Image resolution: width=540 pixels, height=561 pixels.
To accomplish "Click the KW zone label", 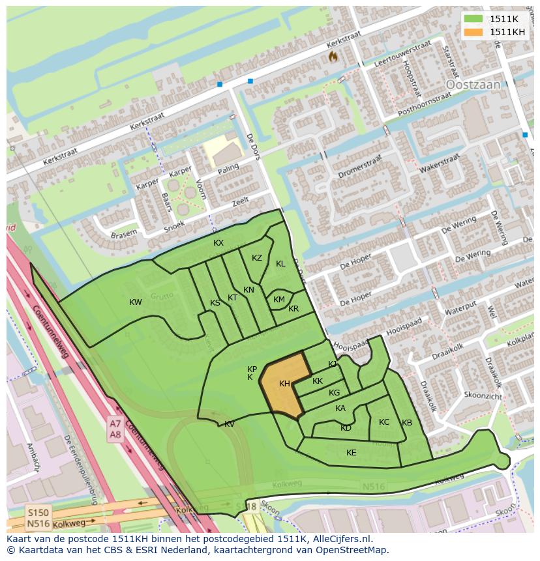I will pos(136,302).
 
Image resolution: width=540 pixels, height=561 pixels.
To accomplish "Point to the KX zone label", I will pos(218,243).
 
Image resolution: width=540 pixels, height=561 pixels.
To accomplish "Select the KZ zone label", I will pos(257,258).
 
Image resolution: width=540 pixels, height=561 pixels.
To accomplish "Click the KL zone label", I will pos(280,264).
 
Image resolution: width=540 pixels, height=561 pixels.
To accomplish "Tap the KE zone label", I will pos(352,453).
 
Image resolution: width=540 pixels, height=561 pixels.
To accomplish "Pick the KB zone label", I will pos(407,423).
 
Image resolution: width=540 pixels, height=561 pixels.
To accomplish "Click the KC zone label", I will pos(384,422).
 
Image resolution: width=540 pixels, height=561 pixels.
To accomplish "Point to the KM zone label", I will pos(279,300).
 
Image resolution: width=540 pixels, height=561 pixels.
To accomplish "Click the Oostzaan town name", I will pos(472,85).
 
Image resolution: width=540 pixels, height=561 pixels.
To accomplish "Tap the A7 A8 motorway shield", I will pos(115,429).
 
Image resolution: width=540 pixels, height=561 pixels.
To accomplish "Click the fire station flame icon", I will pos(333,57).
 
